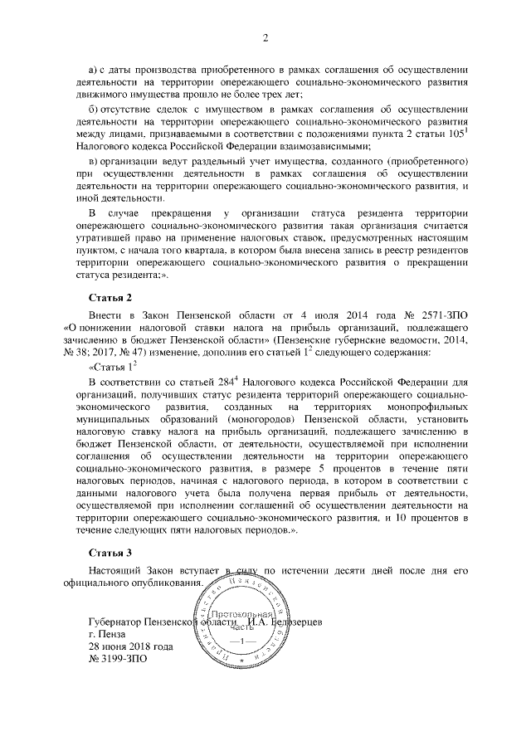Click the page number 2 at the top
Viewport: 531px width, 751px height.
tap(265, 37)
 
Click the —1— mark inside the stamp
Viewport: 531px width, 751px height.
tap(238, 642)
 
